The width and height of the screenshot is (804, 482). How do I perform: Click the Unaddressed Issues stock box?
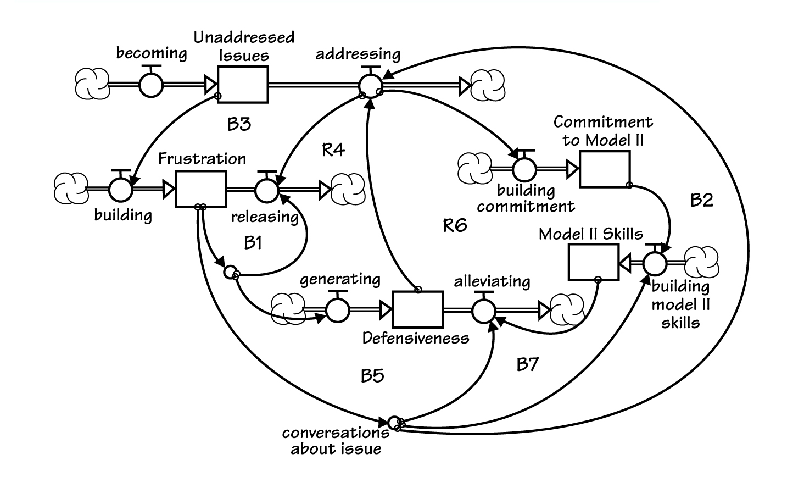pyautogui.click(x=243, y=85)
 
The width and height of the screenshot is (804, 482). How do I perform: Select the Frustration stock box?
pyautogui.click(x=201, y=190)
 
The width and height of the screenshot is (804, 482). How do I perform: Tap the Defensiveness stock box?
pyautogui.click(x=418, y=310)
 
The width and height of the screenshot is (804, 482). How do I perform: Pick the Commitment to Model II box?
pyautogui.click(x=605, y=169)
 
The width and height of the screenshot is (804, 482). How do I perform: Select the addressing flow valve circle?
pyautogui.click(x=371, y=85)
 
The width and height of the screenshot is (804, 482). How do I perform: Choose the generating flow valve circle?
pyautogui.click(x=338, y=310)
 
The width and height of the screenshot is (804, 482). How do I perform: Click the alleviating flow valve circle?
pyautogui.click(x=483, y=310)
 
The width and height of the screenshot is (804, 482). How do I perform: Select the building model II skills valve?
pyautogui.click(x=655, y=263)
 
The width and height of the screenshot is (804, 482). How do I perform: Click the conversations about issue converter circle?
pyautogui.click(x=394, y=423)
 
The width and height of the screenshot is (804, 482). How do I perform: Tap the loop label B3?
pyautogui.click(x=239, y=124)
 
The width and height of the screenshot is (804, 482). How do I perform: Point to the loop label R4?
pyautogui.click(x=333, y=149)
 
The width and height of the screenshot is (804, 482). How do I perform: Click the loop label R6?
pyautogui.click(x=455, y=225)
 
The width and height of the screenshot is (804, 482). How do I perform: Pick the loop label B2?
pyautogui.click(x=701, y=200)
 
